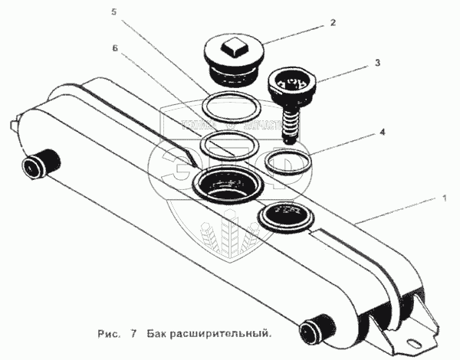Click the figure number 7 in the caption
[x=133, y=334]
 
